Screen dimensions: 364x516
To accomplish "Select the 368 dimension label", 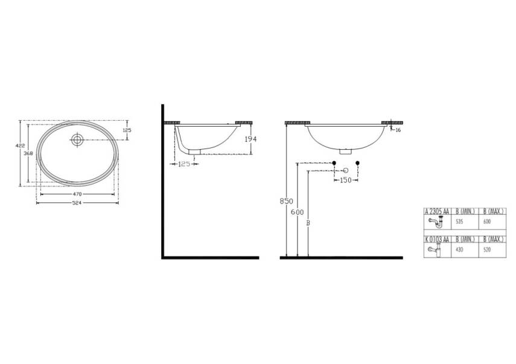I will (27, 155).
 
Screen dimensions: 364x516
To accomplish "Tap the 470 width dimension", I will (77, 194).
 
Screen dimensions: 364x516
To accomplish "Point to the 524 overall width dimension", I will (77, 203).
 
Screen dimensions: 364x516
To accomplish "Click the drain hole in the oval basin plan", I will (77, 139).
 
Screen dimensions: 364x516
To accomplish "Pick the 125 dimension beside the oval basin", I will (127, 130).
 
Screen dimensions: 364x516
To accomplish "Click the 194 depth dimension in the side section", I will (250, 139).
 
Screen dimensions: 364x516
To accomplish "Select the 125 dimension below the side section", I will (185, 164).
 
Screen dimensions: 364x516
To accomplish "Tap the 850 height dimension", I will (286, 202).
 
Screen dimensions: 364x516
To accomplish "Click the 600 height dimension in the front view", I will (296, 212).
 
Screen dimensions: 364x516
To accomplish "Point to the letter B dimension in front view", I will (308, 223).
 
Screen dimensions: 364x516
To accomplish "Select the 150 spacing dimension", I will (346, 180).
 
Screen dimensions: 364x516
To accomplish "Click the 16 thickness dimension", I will (398, 130).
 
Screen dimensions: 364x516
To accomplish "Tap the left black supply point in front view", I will (334, 163).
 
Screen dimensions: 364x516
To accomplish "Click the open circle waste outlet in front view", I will (346, 163).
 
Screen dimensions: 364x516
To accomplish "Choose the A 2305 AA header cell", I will (437, 211).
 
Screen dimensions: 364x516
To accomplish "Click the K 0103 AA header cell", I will (437, 240).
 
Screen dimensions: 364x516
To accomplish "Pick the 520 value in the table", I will (487, 249).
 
